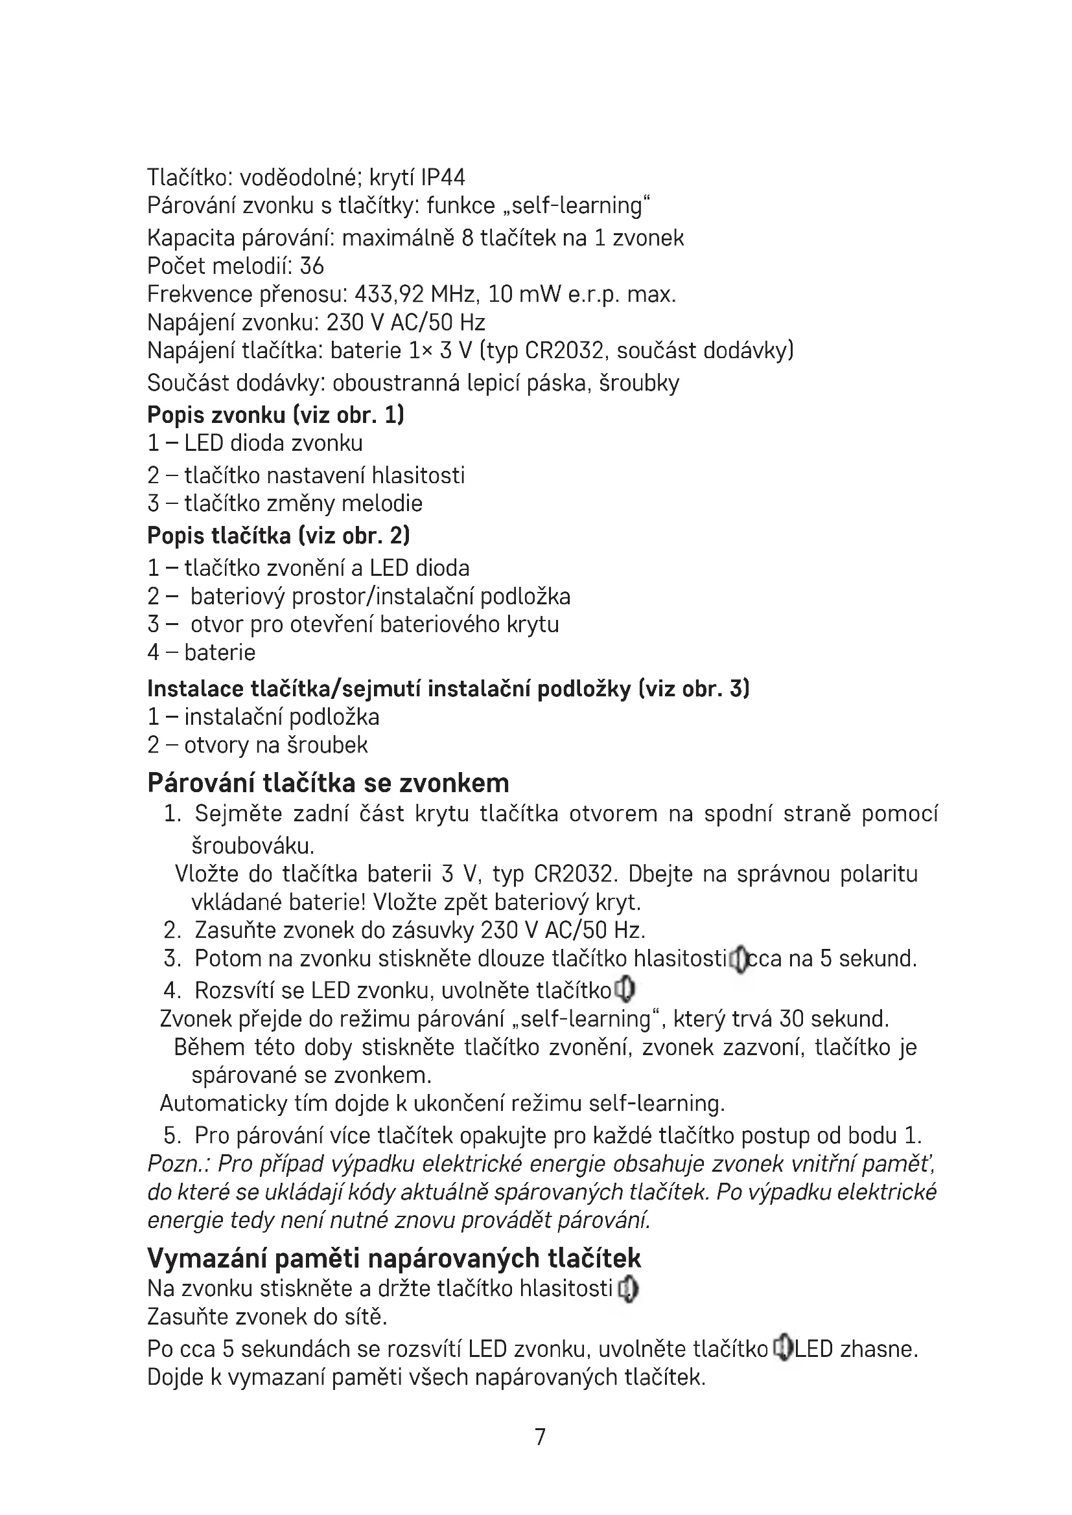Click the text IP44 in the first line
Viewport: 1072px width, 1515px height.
pos(443,177)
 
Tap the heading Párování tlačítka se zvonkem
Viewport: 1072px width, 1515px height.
pos(328,782)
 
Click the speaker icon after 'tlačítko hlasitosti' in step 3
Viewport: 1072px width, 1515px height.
pos(740,959)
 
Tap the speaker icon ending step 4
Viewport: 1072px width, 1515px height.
pos(624,990)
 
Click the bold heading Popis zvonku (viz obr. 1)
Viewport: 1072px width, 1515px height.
pos(275,415)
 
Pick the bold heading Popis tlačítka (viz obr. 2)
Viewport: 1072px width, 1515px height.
pos(278,535)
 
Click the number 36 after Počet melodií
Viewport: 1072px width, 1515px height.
pos(312,266)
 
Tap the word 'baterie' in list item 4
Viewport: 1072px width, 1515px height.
pos(220,653)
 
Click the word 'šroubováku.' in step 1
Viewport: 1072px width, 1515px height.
pos(253,845)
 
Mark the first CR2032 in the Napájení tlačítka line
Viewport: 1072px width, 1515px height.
pos(565,350)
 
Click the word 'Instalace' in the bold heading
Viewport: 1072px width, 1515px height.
pos(195,689)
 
